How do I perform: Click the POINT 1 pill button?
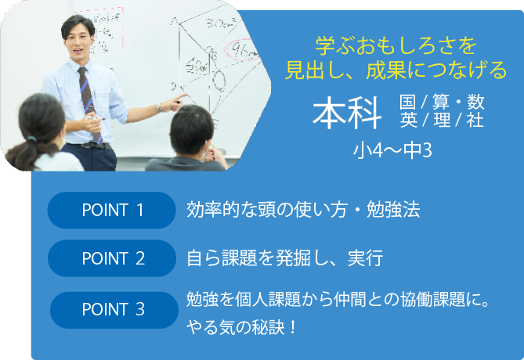pos(112,210)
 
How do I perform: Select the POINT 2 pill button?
pos(112,258)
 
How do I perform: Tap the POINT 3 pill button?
pos(114,310)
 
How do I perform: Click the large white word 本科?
pos(347,113)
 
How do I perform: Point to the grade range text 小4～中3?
pos(392,150)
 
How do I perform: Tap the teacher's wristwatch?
pos(160,107)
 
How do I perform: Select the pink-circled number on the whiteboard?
pos(244,50)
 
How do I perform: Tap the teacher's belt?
pos(90,146)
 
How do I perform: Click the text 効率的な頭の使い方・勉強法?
pos(303,210)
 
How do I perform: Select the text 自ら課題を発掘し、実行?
pos(285,258)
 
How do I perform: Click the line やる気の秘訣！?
pos(241,327)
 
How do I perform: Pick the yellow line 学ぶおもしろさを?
pos(396,45)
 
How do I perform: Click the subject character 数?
pos(475,102)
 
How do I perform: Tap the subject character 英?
pos(408,120)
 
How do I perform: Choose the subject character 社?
pos(475,120)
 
